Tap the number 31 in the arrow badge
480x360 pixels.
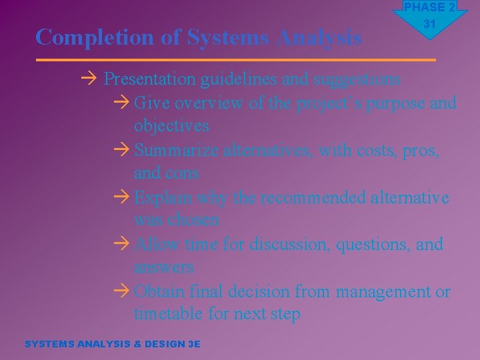coord(429,24)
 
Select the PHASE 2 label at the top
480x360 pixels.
coord(429,7)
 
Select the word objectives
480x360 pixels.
coord(171,126)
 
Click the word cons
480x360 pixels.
coord(182,173)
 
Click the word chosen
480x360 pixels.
coord(195,220)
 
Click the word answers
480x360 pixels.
coord(164,267)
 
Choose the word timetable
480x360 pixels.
coord(171,314)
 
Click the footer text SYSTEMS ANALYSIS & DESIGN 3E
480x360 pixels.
coord(112,344)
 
